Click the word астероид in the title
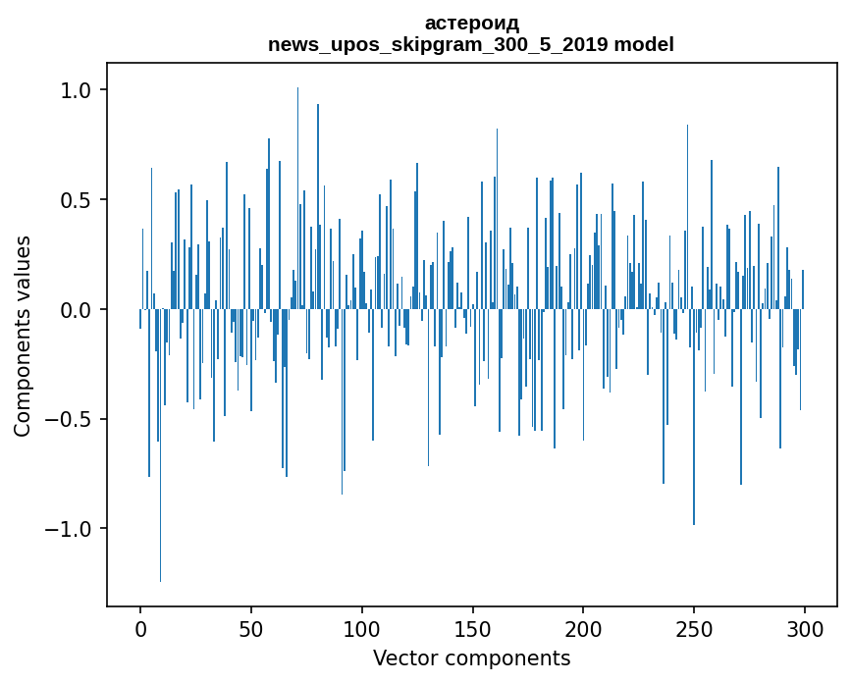tap(471, 24)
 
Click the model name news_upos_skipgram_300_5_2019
tap(438, 44)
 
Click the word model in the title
tap(644, 44)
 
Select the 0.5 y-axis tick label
tap(75, 200)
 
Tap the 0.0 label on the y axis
tap(75, 310)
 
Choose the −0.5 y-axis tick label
tap(68, 419)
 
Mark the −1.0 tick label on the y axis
tap(68, 529)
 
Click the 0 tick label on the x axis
tap(140, 630)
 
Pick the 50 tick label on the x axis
tap(250, 630)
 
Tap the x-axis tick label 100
tap(361, 630)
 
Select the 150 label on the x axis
tap(472, 630)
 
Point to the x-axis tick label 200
tap(583, 630)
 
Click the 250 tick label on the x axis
tap(694, 630)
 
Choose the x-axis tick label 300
tap(804, 630)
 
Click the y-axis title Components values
tap(23, 337)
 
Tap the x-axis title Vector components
tap(471, 658)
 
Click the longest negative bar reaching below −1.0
tap(160, 446)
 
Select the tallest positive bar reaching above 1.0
tap(297, 198)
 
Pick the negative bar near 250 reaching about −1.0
tap(694, 417)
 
